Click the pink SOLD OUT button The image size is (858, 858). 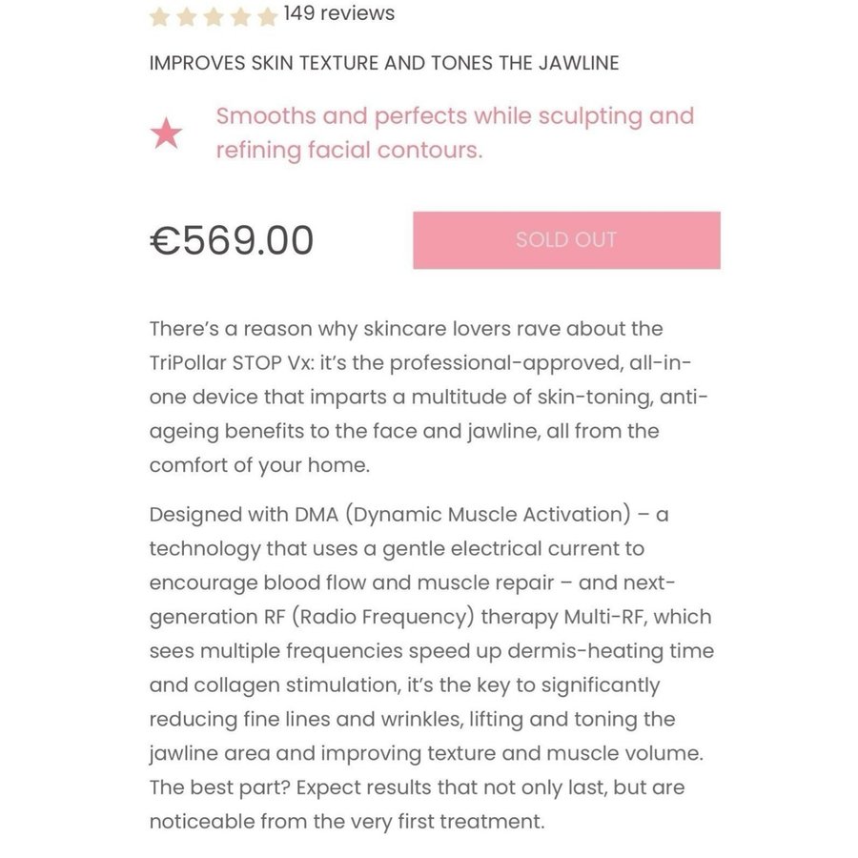(566, 240)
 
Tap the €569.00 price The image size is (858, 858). (232, 240)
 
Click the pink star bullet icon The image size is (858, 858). (167, 134)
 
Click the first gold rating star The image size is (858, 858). (160, 16)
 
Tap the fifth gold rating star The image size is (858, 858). (267, 16)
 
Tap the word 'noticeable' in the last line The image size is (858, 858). (202, 822)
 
